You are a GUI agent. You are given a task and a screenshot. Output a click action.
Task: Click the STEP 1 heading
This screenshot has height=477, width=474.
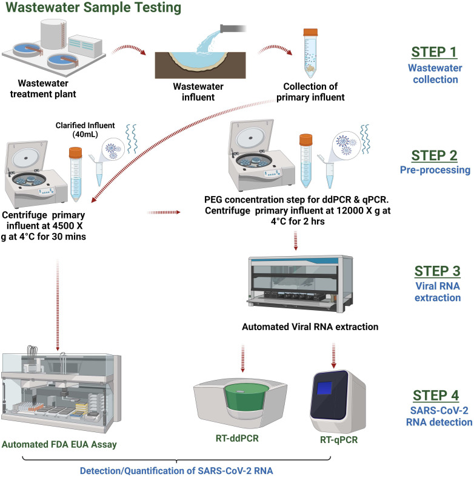point(434,52)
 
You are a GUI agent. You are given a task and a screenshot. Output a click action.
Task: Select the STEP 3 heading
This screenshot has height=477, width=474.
point(437,271)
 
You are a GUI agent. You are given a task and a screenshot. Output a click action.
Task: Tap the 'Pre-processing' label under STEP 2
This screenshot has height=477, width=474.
point(435,170)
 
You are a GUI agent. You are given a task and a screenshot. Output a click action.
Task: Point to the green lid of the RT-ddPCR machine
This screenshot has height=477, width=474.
point(247,396)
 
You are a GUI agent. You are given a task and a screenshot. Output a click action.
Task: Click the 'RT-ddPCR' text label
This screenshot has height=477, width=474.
point(237,438)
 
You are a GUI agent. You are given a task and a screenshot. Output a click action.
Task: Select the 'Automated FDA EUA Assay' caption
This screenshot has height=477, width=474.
point(59,444)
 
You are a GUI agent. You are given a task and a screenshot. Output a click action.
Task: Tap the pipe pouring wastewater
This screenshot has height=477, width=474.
point(233,29)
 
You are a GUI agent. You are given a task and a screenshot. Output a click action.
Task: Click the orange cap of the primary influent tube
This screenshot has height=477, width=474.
point(310,32)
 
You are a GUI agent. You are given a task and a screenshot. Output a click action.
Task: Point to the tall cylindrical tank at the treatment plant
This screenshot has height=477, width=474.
point(53,33)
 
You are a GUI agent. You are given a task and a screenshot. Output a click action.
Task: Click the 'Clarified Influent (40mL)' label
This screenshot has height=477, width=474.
point(85,130)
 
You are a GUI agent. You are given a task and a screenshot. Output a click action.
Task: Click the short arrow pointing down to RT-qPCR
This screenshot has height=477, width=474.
point(333,356)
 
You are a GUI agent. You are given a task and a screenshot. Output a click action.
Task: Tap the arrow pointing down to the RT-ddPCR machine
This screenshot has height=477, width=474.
point(242,359)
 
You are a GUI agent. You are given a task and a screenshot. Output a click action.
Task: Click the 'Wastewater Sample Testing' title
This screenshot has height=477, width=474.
point(93,7)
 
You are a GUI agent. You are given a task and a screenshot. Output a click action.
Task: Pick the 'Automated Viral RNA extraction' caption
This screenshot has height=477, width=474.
point(310,326)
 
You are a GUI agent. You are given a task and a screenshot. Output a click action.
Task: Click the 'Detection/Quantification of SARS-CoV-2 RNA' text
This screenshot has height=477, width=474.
point(176,470)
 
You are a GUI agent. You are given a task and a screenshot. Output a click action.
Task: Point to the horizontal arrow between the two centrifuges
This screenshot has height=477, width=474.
point(164,212)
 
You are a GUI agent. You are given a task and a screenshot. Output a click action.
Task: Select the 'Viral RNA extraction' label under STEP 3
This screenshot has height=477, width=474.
point(438,292)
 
